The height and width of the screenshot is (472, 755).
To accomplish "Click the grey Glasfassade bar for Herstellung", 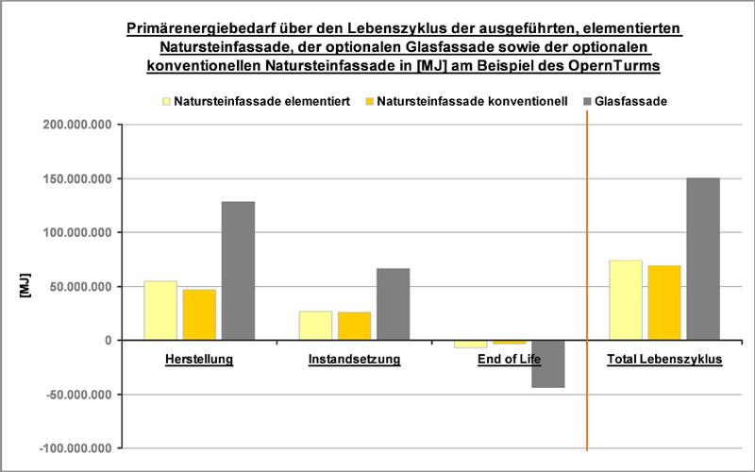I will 238,270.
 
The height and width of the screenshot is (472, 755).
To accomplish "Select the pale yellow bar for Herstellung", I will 160,310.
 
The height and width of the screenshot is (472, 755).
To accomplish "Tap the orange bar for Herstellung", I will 199,314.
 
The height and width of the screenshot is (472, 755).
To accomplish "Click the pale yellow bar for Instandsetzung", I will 316,325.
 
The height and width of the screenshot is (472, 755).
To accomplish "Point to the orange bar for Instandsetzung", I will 355,326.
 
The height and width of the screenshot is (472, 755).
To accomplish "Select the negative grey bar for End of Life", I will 548,363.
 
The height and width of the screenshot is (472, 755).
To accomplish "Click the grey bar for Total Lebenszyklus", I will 703,259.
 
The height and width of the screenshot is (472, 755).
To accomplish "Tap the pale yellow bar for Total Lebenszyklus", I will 626,299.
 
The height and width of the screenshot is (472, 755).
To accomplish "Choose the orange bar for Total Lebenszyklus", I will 664,302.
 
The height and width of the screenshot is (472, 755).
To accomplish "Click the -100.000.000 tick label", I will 76,447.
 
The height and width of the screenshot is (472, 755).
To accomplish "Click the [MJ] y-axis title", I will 25,286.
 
